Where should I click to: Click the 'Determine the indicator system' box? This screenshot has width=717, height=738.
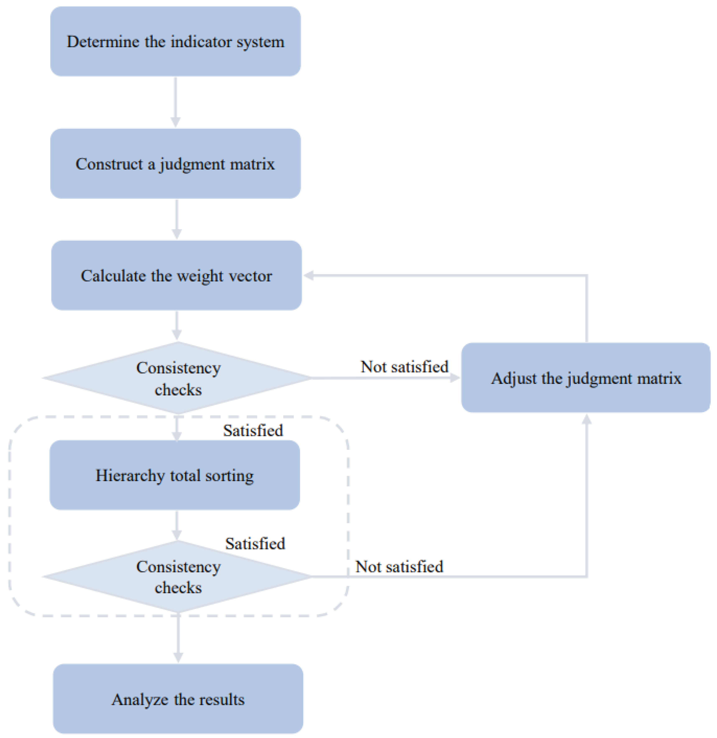(x=176, y=41)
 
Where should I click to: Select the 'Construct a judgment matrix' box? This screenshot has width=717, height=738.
(x=176, y=164)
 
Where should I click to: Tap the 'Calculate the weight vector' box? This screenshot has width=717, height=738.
(x=176, y=275)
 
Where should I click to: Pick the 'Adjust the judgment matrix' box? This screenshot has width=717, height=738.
(x=586, y=378)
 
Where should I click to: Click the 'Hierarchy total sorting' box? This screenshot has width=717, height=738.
(x=175, y=475)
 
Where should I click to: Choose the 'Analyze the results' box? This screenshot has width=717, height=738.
(x=178, y=699)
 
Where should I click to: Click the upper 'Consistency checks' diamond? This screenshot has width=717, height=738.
(x=178, y=378)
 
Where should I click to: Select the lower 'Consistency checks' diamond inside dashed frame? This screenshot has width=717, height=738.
(x=178, y=577)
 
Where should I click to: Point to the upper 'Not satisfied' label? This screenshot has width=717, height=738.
(x=404, y=366)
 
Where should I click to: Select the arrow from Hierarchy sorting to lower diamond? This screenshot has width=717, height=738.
(x=177, y=526)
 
